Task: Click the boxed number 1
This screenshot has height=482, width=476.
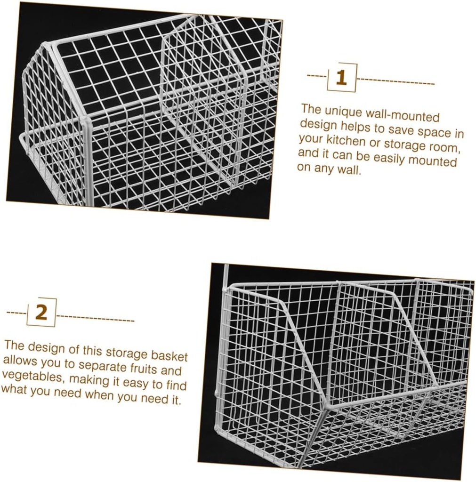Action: point(341,78)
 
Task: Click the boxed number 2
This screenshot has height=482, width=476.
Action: point(41,313)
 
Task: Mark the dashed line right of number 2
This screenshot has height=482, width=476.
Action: point(97,319)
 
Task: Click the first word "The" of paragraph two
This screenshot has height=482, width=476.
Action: point(14,345)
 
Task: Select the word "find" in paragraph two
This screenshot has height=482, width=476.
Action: point(177,386)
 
